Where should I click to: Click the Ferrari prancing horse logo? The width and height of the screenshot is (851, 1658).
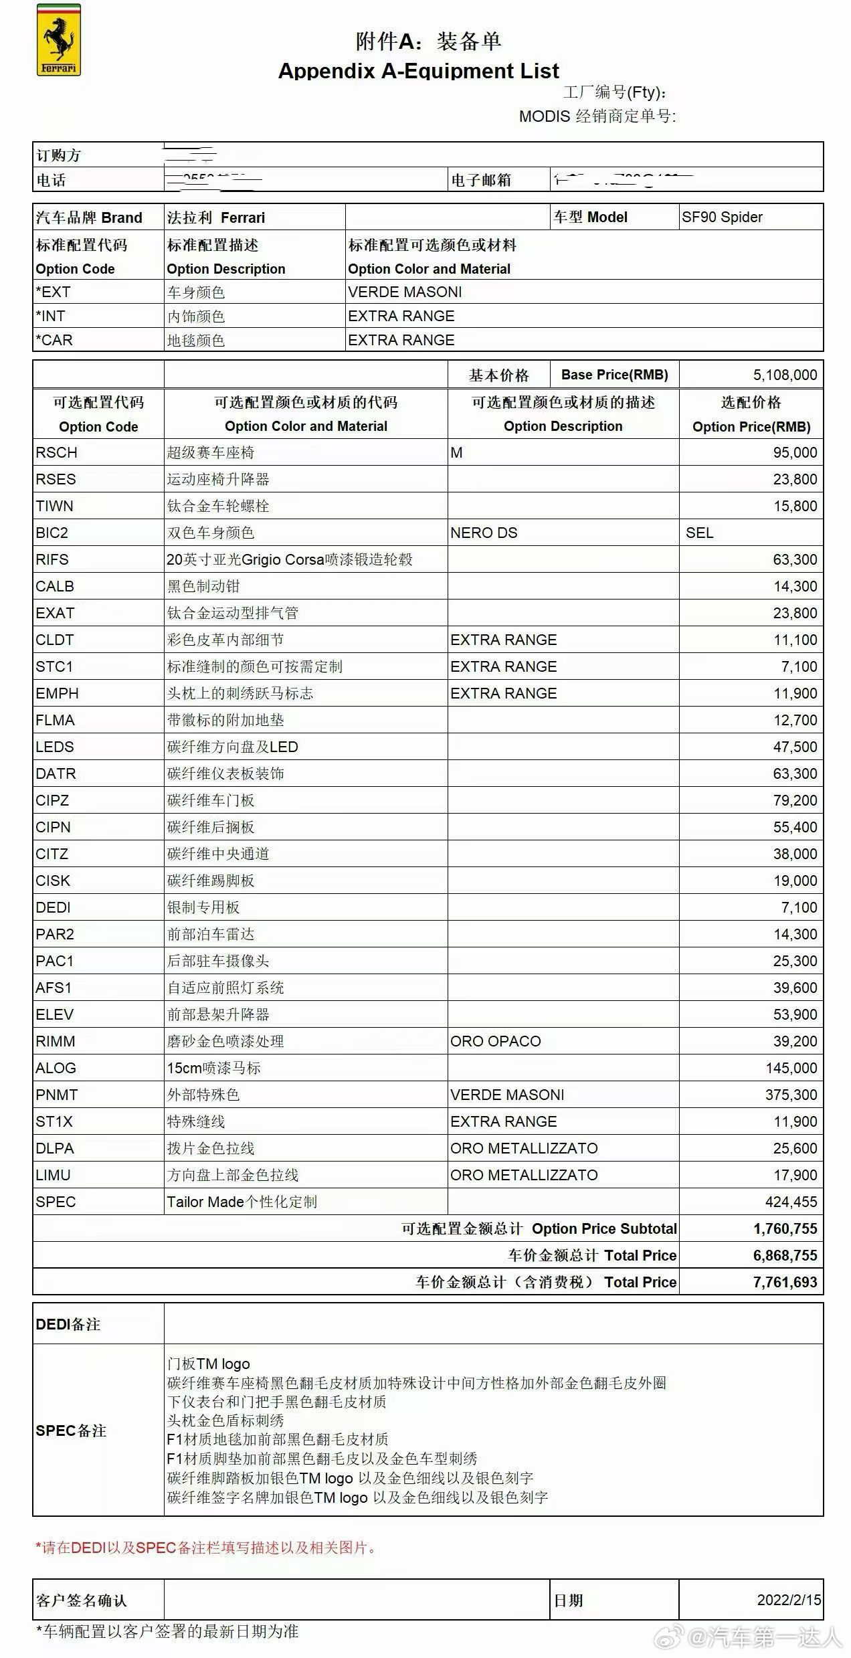(x=58, y=40)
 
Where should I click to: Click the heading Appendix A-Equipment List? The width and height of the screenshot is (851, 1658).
(x=418, y=70)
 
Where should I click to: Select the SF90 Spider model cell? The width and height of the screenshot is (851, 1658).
(x=722, y=217)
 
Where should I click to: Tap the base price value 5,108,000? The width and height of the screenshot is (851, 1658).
(x=785, y=375)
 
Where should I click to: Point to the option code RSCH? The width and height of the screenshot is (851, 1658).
(x=57, y=453)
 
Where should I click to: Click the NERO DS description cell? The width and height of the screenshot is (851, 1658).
(x=484, y=533)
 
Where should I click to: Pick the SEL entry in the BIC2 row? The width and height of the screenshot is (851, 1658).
(x=699, y=533)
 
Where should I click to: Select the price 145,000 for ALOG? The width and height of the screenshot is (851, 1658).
(x=791, y=1069)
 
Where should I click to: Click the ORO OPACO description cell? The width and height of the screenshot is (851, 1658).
(x=495, y=1042)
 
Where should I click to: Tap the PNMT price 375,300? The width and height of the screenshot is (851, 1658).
(x=791, y=1095)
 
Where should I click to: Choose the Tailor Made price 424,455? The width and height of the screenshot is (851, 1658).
(x=791, y=1202)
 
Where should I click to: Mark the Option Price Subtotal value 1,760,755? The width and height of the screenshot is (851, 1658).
(x=785, y=1229)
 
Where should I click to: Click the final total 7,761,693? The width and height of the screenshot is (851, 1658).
(x=785, y=1283)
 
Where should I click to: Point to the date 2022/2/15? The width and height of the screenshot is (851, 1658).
(x=789, y=1600)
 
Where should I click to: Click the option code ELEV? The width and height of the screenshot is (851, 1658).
(x=55, y=1015)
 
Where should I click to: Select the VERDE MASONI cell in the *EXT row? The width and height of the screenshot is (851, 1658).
(x=405, y=292)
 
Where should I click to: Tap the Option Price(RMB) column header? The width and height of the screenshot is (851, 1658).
(x=751, y=427)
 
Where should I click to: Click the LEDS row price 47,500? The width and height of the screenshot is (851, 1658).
(x=795, y=747)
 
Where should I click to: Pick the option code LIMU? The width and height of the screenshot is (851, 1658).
(x=54, y=1176)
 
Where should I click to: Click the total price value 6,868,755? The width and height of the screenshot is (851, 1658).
(x=785, y=1256)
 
